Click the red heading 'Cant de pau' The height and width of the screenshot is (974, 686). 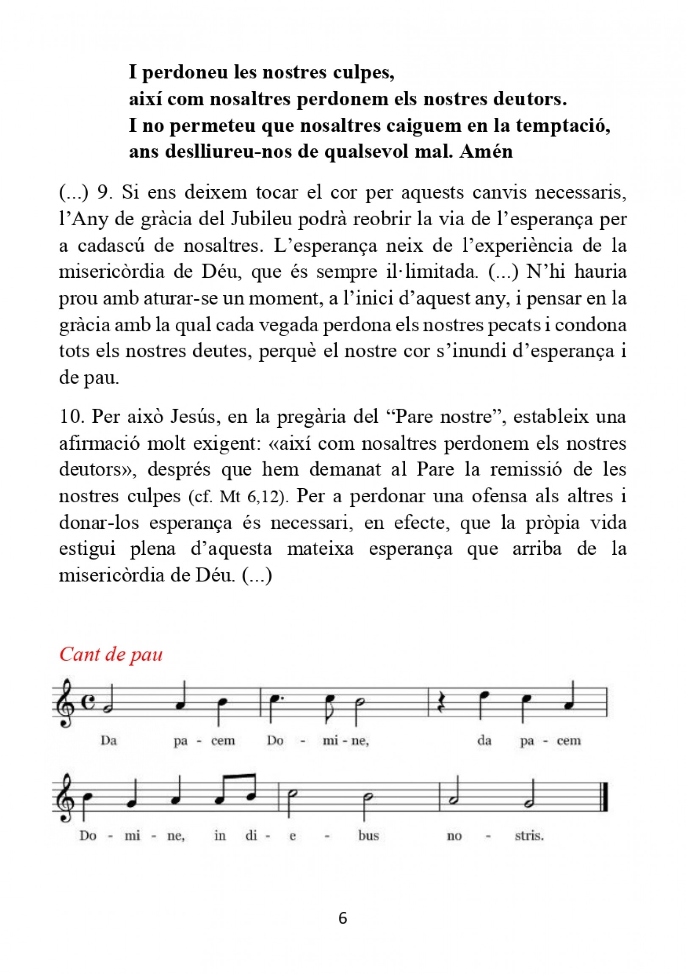click(111, 654)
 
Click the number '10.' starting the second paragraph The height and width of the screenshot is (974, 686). click(70, 417)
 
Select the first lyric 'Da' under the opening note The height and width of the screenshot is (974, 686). click(108, 740)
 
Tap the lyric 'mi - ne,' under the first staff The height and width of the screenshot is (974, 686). click(346, 740)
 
